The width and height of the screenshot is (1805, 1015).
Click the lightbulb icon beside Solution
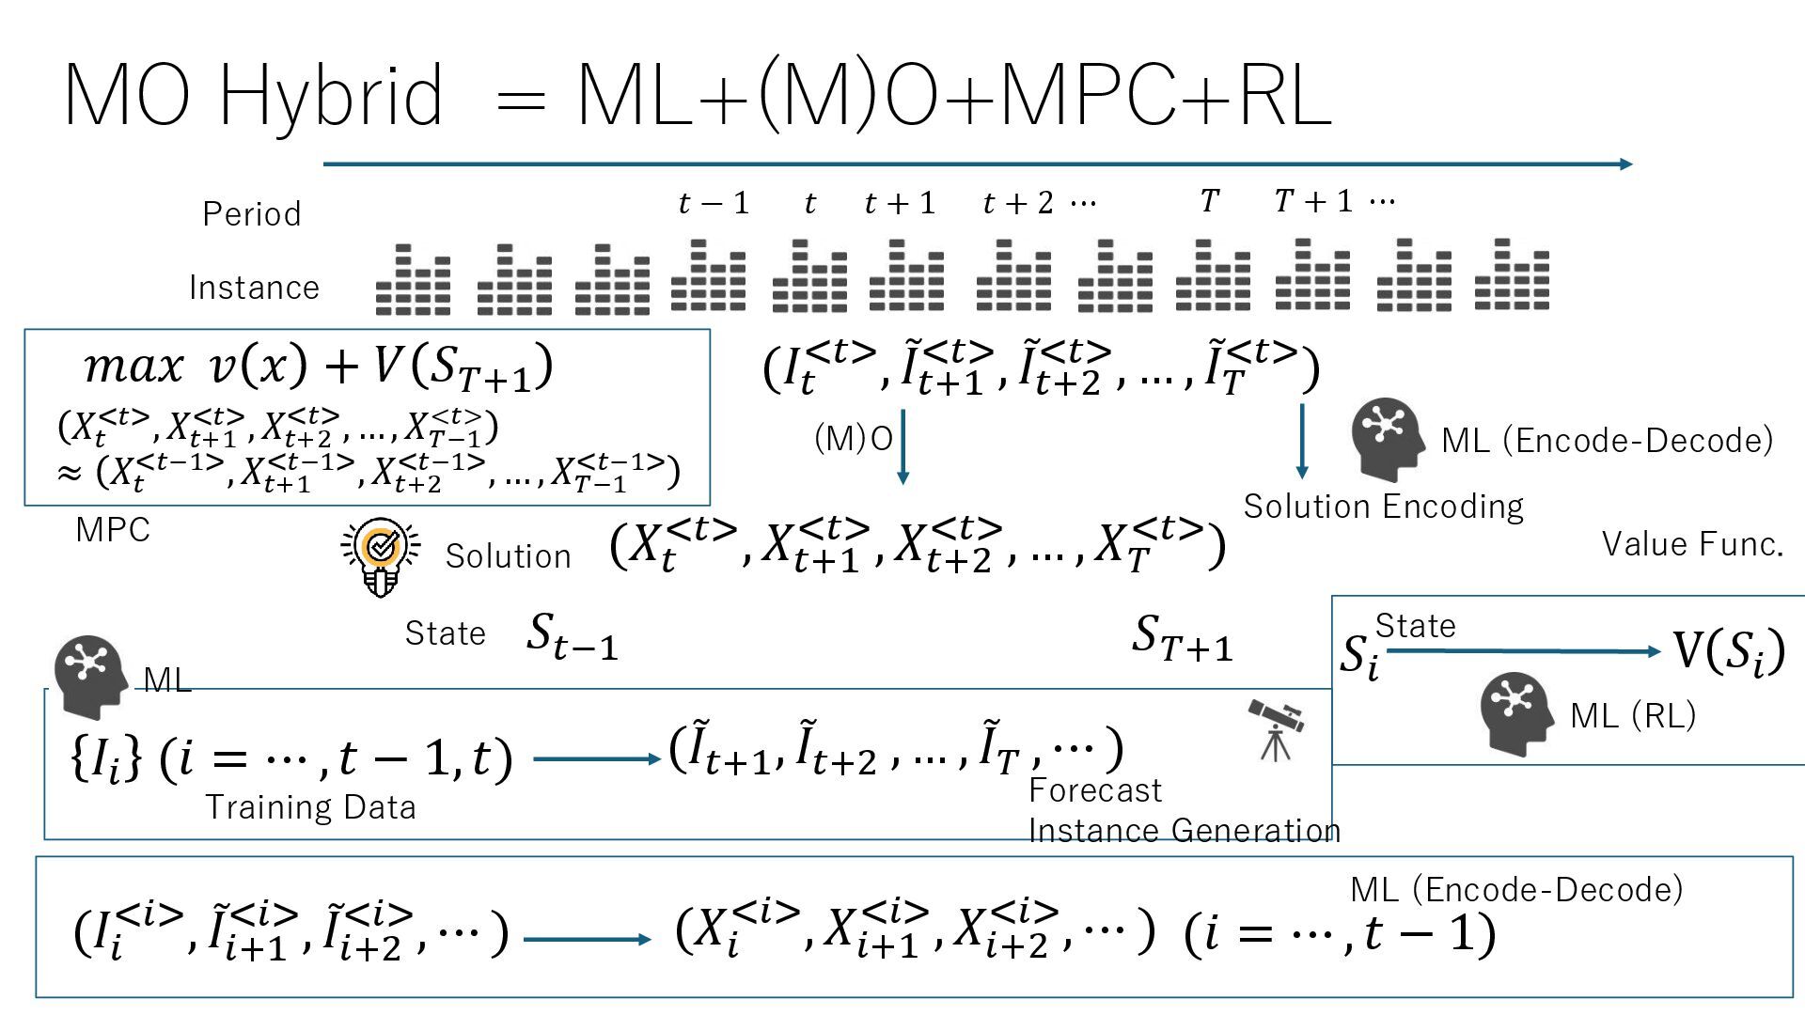tap(380, 555)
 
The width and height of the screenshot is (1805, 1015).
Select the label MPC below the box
tap(113, 530)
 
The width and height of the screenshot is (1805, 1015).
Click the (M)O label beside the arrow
tap(853, 438)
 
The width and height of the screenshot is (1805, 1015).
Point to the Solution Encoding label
tap(1383, 507)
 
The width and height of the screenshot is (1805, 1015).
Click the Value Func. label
tap(1692, 544)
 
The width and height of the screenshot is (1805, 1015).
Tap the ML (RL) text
tap(1633, 716)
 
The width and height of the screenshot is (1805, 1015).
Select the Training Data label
tap(310, 807)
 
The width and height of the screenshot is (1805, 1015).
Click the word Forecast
tap(1095, 790)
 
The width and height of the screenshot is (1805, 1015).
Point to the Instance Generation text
tap(1185, 831)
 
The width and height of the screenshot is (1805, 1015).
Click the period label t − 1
tap(714, 203)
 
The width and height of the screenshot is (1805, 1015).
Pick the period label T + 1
tap(1313, 201)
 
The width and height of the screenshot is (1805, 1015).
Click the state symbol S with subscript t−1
tap(572, 636)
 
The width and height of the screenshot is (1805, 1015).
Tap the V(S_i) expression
tap(1728, 650)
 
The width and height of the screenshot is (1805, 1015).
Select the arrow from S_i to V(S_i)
tap(1523, 651)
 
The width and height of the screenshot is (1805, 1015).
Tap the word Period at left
tap(252, 214)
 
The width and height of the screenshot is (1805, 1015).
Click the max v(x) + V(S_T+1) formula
tap(318, 366)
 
